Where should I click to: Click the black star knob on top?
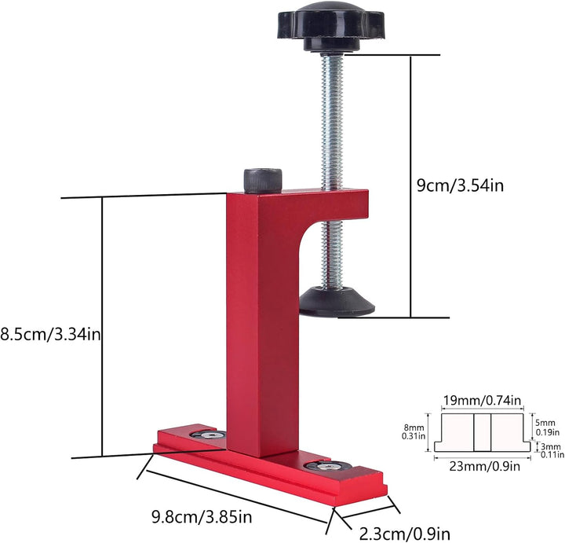tap(330, 26)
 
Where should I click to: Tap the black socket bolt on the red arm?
tap(263, 181)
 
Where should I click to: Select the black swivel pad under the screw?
tap(337, 302)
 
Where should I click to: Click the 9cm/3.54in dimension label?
tap(460, 185)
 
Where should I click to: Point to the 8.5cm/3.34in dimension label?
tap(50, 334)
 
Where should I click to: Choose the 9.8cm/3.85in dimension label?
tap(202, 517)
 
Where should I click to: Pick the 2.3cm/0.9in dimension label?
tap(405, 533)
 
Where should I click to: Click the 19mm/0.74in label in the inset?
tap(482, 401)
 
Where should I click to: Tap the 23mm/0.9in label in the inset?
tap(485, 466)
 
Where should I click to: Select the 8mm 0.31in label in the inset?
tap(414, 432)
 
